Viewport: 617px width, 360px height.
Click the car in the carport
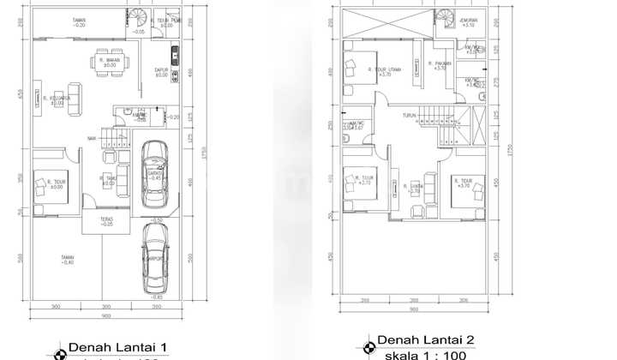154,255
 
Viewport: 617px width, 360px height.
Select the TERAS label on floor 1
107,221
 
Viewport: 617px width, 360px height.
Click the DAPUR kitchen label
162,73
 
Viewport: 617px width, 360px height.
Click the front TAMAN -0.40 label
66,260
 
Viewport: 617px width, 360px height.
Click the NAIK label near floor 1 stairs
91,137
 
